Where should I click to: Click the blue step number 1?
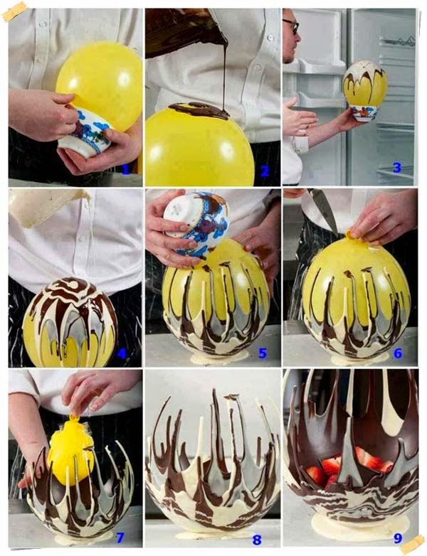coord(126,169)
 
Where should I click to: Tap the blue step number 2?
coord(265,170)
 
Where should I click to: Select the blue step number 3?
coord(397,169)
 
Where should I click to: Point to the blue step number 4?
coord(122,352)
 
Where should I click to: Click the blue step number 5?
coord(262,352)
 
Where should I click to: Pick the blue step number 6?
coord(397,352)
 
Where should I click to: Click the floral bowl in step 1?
coord(85,132)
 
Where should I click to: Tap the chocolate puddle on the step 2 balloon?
coord(200,109)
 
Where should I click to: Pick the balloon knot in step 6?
coord(348,235)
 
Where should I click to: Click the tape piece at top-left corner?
coord(14,11)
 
